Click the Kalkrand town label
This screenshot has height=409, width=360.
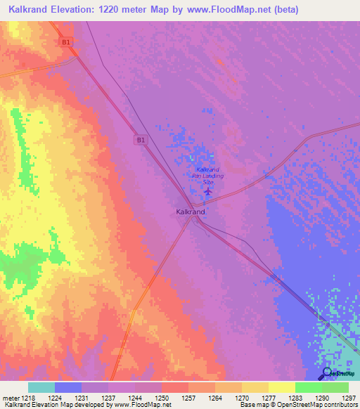[x=190, y=211]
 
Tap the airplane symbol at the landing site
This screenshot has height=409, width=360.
[x=207, y=191]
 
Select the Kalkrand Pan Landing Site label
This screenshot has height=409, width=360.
[x=210, y=176]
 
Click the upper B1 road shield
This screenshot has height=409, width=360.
[x=66, y=42]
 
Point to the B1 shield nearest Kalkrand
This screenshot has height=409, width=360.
[x=141, y=141]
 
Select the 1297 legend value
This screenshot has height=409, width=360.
[x=348, y=398]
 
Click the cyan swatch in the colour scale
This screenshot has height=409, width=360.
[x=41, y=387]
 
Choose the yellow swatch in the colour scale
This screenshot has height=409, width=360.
[x=282, y=387]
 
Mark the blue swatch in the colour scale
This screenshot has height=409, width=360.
[x=68, y=387]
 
